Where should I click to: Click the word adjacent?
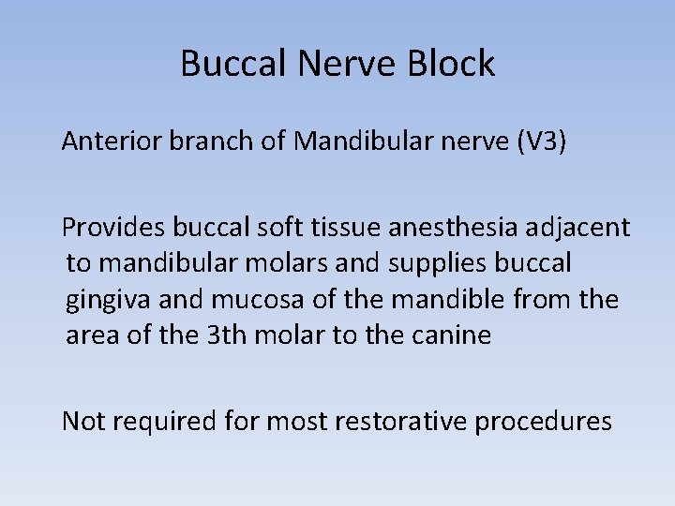pyautogui.click(x=583, y=228)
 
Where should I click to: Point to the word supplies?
pyautogui.click(x=446, y=263)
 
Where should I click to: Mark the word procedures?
pyautogui.click(x=544, y=422)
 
